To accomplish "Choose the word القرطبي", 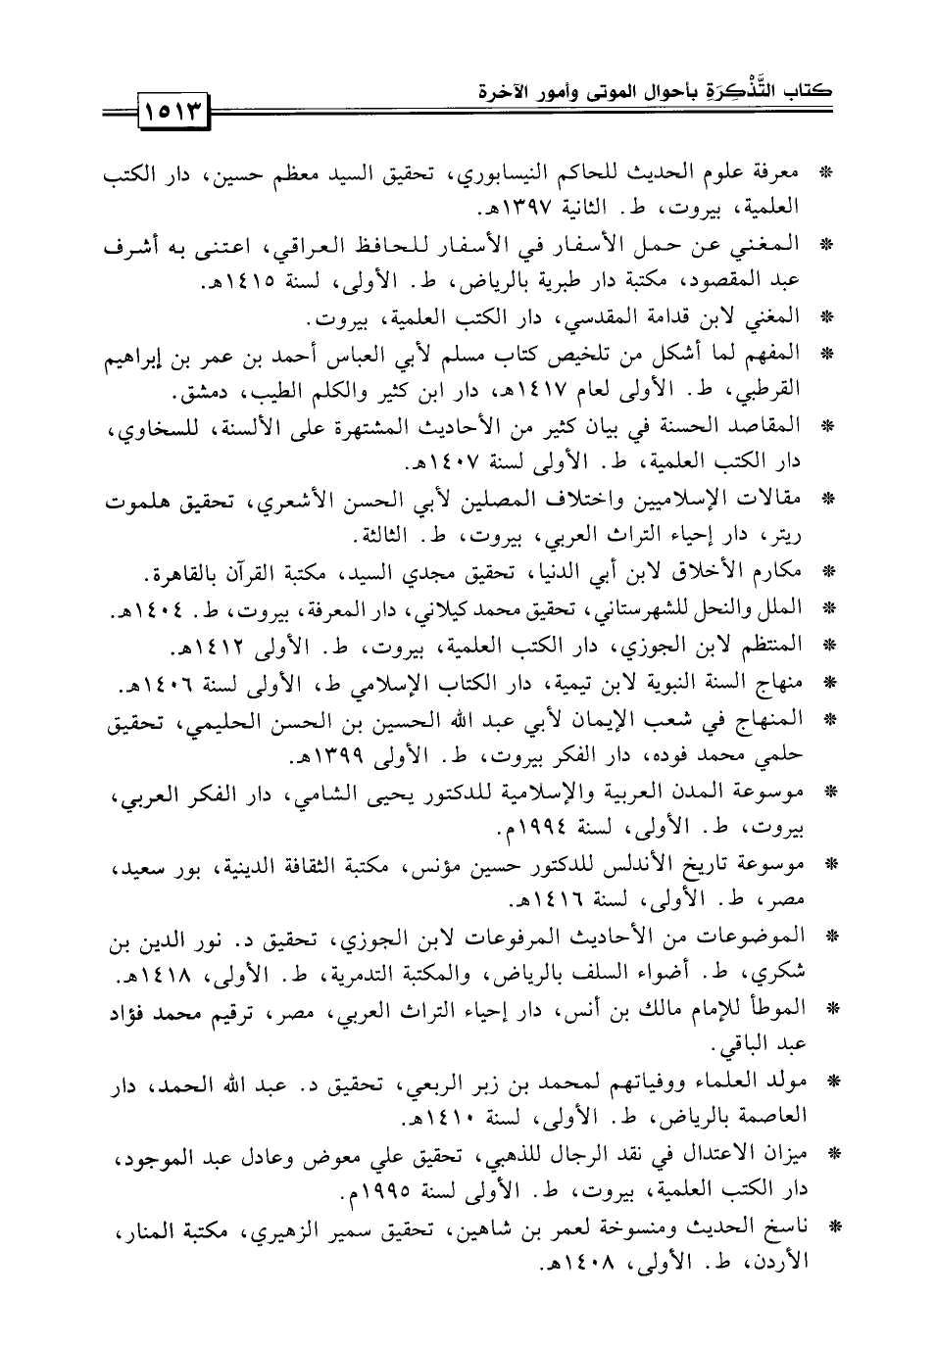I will coord(769,392).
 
